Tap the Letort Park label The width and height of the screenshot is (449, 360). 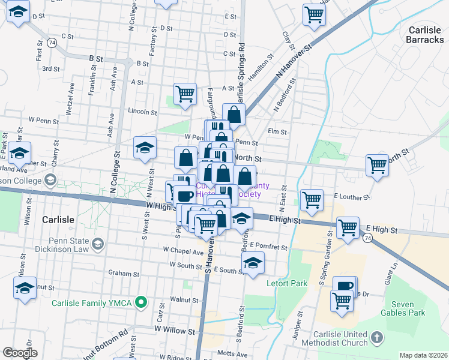click(288, 283)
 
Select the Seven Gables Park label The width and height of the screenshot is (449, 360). click(407, 308)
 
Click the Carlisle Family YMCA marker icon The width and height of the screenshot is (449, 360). click(141, 302)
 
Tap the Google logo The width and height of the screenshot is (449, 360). click(20, 353)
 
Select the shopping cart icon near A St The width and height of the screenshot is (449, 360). click(185, 94)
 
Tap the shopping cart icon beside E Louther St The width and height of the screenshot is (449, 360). click(312, 200)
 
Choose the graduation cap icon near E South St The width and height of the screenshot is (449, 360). click(253, 262)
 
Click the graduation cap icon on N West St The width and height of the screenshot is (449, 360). click(145, 147)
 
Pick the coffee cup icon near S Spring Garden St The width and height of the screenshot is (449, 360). click(345, 286)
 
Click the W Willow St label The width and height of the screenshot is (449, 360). click(175, 330)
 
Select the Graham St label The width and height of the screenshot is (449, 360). click(124, 274)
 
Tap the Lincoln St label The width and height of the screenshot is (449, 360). click(142, 112)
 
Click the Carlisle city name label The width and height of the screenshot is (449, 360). click(58, 220)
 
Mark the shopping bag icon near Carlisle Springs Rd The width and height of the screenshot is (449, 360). click(234, 114)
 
